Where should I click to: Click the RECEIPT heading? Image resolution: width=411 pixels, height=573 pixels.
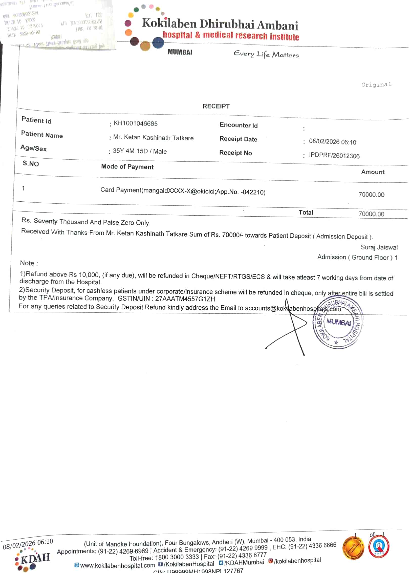[x=216, y=106]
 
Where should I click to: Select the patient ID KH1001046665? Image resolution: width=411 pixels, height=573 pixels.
[x=136, y=123]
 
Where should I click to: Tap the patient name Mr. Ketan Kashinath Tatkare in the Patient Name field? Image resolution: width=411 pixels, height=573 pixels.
[x=153, y=138]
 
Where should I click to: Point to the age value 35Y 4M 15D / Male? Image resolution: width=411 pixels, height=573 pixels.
[x=140, y=151]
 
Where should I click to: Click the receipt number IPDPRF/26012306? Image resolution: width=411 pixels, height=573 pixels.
[x=334, y=156]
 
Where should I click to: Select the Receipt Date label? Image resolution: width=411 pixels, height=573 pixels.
[x=238, y=139]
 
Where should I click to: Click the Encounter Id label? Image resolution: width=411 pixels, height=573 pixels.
[x=239, y=125]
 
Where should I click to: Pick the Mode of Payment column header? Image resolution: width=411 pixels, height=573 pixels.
[x=127, y=167]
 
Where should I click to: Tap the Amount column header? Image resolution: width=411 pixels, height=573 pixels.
[x=373, y=172]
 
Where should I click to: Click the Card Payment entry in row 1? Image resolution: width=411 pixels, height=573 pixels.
[x=183, y=191]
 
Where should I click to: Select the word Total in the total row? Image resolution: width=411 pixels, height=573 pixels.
[x=306, y=213]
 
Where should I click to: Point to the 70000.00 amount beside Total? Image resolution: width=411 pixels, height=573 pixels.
[x=371, y=214]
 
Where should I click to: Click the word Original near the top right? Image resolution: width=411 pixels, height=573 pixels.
[x=376, y=84]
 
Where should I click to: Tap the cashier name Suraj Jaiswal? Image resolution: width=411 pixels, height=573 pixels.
[x=379, y=247]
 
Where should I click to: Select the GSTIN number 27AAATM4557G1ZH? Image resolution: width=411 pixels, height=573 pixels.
[x=185, y=299]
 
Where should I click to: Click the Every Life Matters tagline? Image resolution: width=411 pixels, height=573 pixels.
[x=266, y=54]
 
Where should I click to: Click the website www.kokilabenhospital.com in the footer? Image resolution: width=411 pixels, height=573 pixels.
[x=117, y=565]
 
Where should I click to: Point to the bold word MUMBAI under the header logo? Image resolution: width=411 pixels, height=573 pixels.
[x=180, y=52]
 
